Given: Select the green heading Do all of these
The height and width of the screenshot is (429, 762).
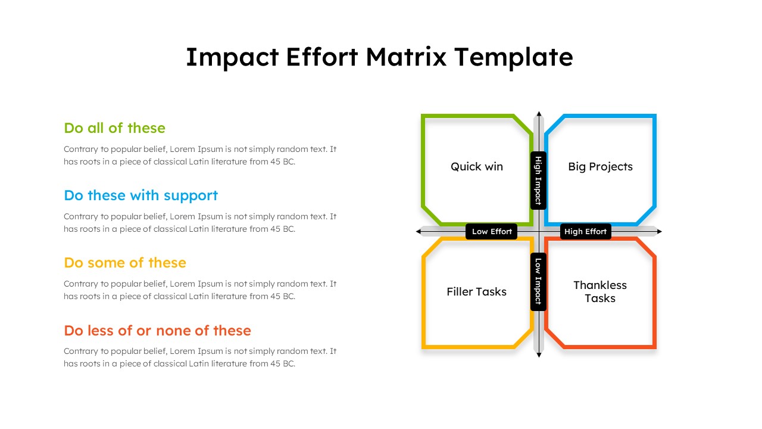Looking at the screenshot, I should pyautogui.click(x=114, y=128).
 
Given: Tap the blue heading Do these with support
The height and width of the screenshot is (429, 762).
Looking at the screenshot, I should pyautogui.click(x=140, y=195).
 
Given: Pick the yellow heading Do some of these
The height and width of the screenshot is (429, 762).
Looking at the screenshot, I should pyautogui.click(x=125, y=263).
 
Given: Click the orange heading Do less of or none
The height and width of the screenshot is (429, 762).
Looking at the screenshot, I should pyautogui.click(x=157, y=330).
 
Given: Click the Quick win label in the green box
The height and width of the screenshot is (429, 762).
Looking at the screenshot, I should pyautogui.click(x=476, y=167).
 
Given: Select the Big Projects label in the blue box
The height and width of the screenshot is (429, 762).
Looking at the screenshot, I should pyautogui.click(x=600, y=167).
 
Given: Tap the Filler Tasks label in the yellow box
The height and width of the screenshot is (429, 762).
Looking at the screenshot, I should pyautogui.click(x=476, y=292).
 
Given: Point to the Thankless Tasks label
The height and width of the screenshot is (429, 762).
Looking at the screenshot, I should pyautogui.click(x=600, y=292).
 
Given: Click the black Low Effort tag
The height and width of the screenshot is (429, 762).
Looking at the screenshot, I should pyautogui.click(x=492, y=232).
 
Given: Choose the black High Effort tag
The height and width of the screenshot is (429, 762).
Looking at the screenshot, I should pyautogui.click(x=585, y=232).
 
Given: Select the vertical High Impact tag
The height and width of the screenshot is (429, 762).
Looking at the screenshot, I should pyautogui.click(x=538, y=181).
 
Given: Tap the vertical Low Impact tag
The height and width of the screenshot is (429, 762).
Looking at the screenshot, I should pyautogui.click(x=538, y=281).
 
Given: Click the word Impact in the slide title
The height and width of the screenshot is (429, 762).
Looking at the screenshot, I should pyautogui.click(x=232, y=57).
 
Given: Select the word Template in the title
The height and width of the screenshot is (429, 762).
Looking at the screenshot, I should pyautogui.click(x=513, y=57).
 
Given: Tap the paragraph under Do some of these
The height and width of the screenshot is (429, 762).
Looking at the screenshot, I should pyautogui.click(x=200, y=290).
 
